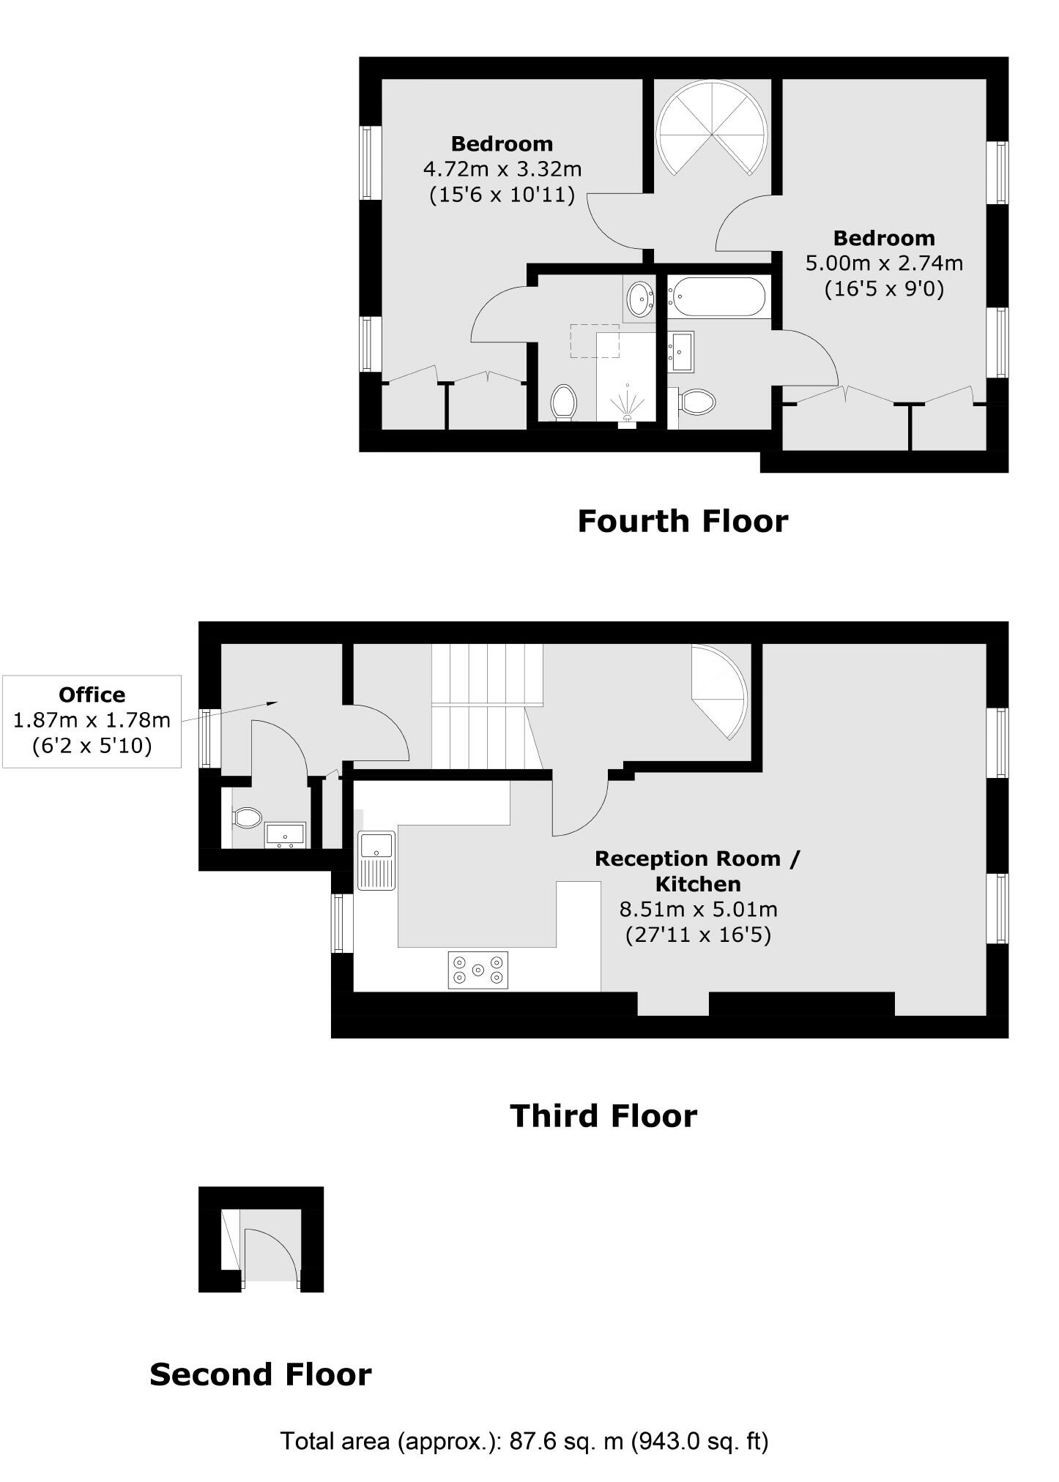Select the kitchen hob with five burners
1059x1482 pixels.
(478, 970)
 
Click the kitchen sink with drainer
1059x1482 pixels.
(376, 861)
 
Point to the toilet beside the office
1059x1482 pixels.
(247, 817)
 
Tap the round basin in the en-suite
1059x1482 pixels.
(640, 298)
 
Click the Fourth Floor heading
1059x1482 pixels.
(682, 522)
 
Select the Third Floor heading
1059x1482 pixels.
(603, 1116)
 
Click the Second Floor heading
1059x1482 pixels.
(260, 1374)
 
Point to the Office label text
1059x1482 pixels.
(92, 695)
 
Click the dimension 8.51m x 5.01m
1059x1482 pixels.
(698, 910)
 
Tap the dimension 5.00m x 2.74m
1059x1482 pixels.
(884, 263)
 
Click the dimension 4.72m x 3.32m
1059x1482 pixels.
(502, 169)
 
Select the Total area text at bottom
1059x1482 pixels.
(524, 1441)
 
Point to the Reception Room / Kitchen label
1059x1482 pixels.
(697, 871)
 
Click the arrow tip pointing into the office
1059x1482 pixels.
(277, 702)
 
